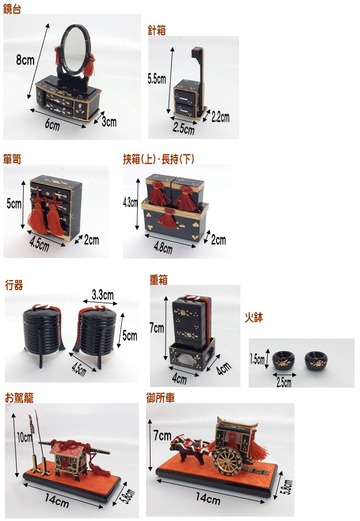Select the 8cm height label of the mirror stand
pos(25,60)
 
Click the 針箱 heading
pos(157,31)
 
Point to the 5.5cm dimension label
pos(157,79)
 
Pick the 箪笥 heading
pos(12,159)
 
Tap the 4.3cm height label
pos(130,202)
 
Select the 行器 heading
pos(14,286)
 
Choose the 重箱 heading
pos(158,280)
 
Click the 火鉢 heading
pos(254,318)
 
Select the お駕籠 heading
pos(19,398)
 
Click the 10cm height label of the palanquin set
pos(24,438)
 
